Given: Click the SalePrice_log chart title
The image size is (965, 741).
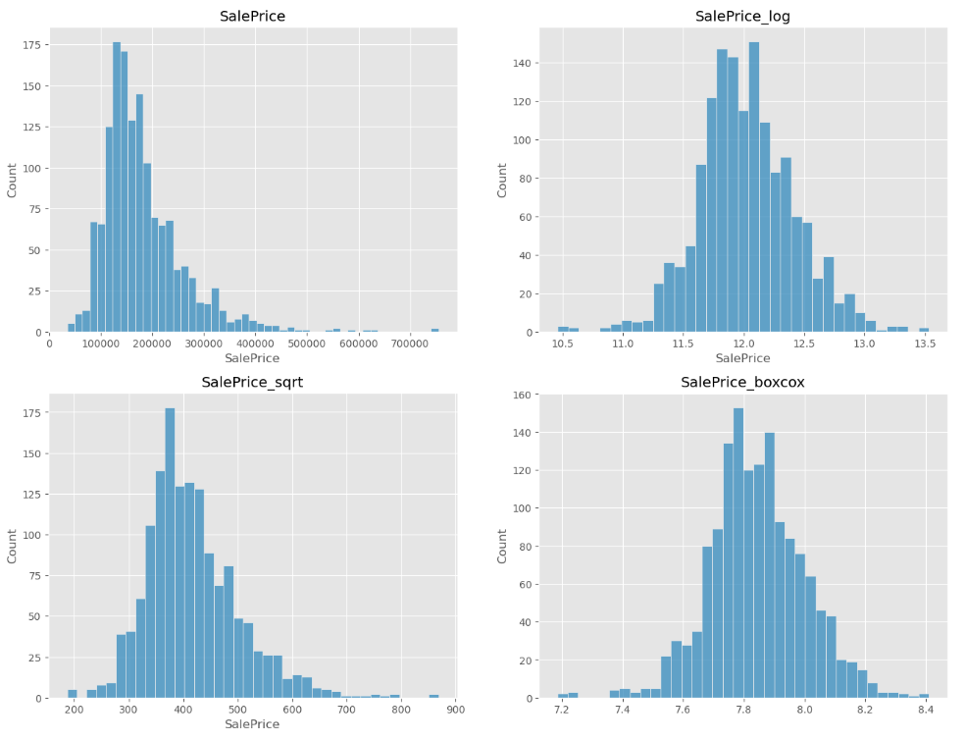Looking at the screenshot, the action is pos(742,16).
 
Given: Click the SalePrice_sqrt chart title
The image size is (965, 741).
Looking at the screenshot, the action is pos(252,382).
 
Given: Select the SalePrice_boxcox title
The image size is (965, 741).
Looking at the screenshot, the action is pos(742,382).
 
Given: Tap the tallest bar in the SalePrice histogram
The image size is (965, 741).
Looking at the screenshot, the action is pos(117,187).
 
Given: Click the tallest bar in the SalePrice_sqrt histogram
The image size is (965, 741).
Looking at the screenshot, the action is pos(170,554).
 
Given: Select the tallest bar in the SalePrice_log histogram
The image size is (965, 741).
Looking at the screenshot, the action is pos(754,187).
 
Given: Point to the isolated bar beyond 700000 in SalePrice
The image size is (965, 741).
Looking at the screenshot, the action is pos(434,331).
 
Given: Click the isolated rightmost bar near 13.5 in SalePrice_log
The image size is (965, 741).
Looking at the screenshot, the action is pos(924,330).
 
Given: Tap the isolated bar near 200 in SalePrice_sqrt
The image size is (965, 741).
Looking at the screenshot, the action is pos(72,694).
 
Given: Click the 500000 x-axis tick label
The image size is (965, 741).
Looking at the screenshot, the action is pos(307,344).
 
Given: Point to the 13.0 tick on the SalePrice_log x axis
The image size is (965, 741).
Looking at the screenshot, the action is pos(864,344).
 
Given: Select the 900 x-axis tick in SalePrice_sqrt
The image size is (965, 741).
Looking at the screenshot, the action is pos(455,710).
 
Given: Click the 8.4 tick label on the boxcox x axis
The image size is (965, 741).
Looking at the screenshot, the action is pos(926,710).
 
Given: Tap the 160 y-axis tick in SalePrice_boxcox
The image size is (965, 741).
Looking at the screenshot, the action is pos(523,395).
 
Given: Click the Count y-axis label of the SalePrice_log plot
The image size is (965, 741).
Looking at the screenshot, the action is pos(502,181).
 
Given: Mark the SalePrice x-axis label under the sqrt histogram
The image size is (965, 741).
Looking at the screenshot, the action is pos(252,723).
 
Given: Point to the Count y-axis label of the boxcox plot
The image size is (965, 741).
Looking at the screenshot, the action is pos(502,546).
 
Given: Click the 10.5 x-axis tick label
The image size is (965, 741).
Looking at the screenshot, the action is pos(563,344).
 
